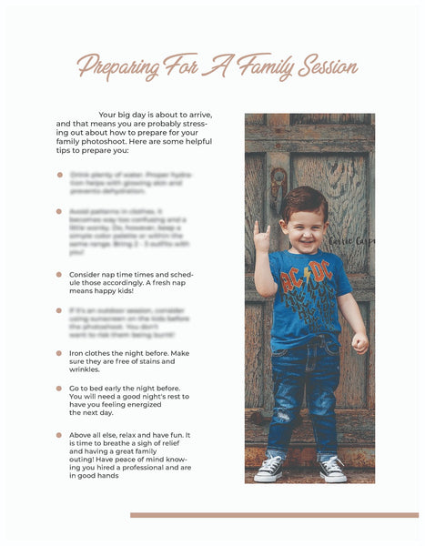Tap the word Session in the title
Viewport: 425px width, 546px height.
324,66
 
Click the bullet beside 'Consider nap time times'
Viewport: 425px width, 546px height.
59,274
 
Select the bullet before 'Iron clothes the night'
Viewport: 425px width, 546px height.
59,353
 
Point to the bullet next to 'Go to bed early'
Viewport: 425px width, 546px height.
59,389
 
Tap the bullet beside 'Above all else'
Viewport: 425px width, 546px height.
59,435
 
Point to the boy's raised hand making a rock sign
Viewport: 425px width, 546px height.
261,236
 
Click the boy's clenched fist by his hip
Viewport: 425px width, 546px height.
360,342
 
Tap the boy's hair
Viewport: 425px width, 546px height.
305,202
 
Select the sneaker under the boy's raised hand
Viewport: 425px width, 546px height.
269,468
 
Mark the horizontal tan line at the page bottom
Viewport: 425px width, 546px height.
274,515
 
